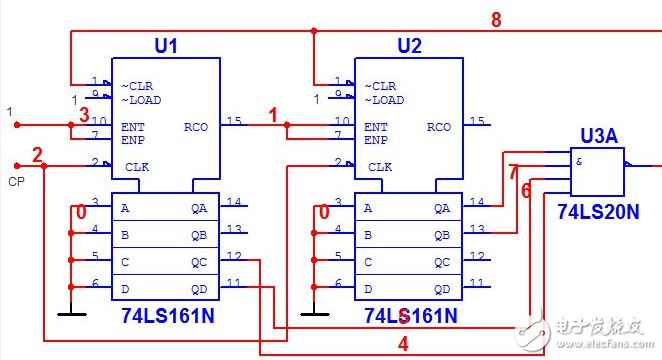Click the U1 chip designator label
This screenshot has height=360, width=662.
165,46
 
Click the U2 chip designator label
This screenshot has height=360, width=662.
410,46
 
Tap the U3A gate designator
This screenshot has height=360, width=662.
598,134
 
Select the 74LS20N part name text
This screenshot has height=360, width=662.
598,212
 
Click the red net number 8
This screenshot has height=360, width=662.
496,19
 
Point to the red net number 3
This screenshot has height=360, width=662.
85,115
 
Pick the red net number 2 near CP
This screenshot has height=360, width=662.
37,155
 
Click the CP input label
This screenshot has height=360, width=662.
16,182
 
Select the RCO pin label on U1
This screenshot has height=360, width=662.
196,127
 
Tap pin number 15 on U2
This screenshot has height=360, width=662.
478,121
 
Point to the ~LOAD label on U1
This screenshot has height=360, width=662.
141,100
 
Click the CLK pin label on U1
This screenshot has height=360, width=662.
135,167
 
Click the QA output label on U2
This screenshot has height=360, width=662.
442,208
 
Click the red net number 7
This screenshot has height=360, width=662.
513,172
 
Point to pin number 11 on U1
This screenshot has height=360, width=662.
233,284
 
